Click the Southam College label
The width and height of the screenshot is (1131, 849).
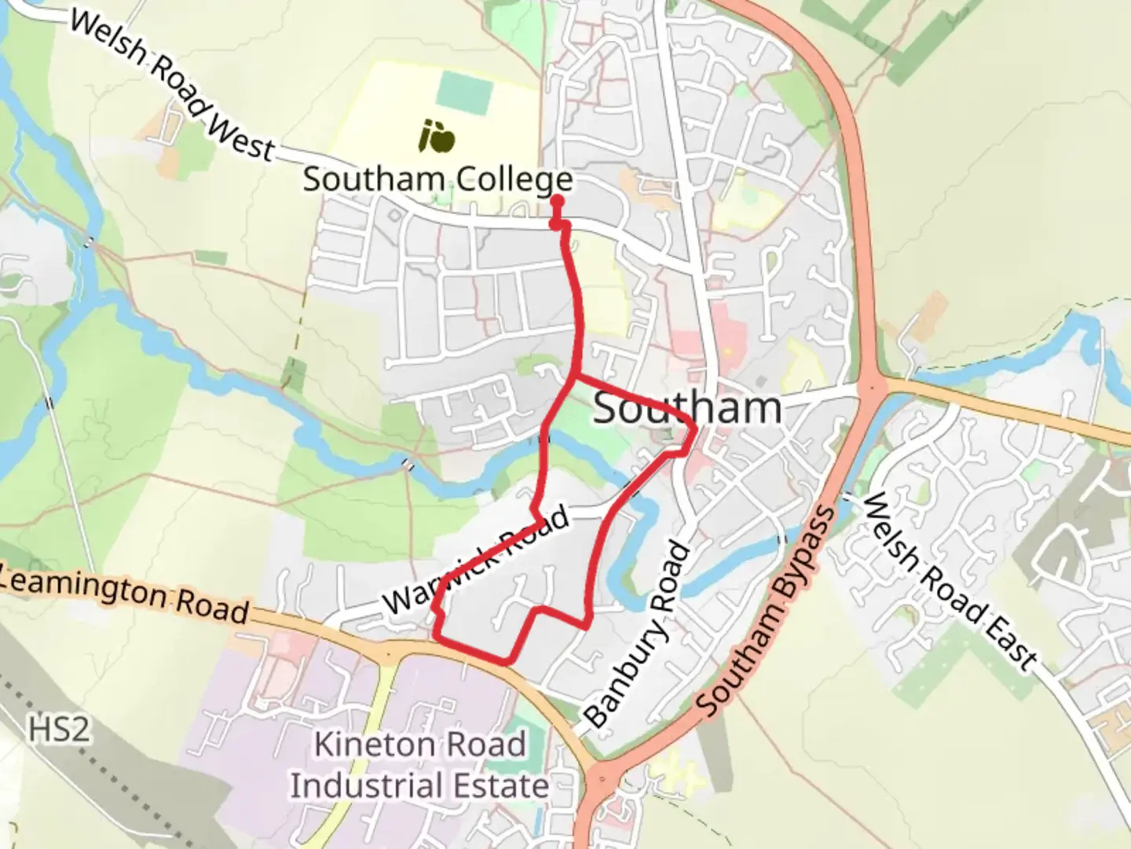click(x=437, y=179)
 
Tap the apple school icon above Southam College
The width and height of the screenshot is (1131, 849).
click(x=437, y=135)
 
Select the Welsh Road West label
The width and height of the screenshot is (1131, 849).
click(x=171, y=85)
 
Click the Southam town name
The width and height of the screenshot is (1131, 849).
click(x=687, y=408)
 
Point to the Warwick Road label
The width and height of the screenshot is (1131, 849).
click(x=477, y=560)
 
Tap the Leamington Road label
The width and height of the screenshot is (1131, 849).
click(x=124, y=596)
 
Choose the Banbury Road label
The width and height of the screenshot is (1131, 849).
click(x=637, y=635)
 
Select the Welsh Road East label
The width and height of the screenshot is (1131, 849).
click(x=949, y=583)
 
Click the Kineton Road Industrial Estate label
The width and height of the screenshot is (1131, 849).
click(x=420, y=765)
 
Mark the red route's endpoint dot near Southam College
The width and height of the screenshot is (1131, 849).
click(x=558, y=201)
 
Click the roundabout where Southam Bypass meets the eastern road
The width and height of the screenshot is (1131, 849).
click(x=872, y=387)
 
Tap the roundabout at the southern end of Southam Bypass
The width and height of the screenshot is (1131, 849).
click(x=602, y=778)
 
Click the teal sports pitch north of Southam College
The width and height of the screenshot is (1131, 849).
click(x=464, y=91)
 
